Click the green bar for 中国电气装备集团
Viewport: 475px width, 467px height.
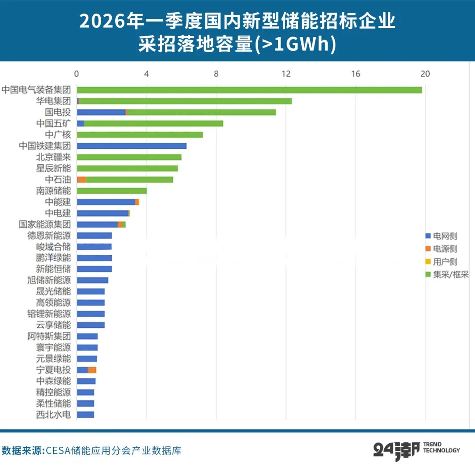(x=249, y=90)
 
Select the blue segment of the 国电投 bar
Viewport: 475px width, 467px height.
(x=101, y=112)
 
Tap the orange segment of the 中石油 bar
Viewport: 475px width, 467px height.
(x=82, y=180)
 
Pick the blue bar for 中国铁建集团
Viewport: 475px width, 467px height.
(x=132, y=146)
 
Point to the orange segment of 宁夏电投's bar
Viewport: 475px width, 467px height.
(x=92, y=370)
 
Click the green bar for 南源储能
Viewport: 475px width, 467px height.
(x=112, y=191)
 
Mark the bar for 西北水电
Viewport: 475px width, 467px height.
(x=85, y=415)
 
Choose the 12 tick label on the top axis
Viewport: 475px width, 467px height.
(x=286, y=74)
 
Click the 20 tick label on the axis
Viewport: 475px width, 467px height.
(x=425, y=74)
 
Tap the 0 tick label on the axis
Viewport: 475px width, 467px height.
(x=77, y=74)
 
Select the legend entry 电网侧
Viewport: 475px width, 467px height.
(x=441, y=236)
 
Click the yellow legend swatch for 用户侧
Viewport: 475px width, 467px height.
(x=428, y=261)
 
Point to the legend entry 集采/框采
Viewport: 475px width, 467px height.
(x=447, y=275)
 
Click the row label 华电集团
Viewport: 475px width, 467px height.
(x=53, y=101)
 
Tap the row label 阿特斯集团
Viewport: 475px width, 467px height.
(x=49, y=336)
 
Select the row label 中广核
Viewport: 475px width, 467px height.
(x=58, y=134)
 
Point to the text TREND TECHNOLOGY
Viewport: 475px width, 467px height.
(x=442, y=447)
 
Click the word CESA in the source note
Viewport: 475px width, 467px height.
(x=58, y=451)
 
